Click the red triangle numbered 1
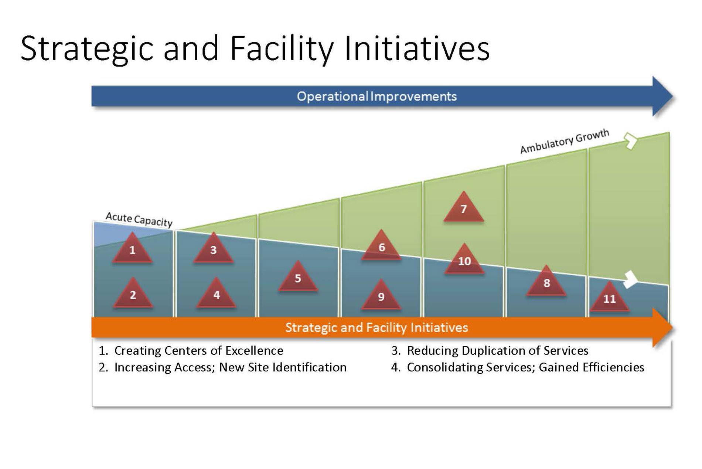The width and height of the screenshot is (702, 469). (132, 249)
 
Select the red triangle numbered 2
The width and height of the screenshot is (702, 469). (133, 294)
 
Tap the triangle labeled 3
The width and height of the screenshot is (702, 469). (214, 249)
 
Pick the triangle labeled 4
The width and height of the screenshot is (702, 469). (216, 294)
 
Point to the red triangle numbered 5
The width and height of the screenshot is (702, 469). (298, 278)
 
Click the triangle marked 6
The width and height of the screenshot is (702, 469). (381, 247)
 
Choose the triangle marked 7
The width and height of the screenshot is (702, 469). (464, 208)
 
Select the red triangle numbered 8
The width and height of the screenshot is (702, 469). (546, 282)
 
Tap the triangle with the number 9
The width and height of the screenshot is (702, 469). (381, 296)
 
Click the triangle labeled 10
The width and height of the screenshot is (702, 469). (464, 260)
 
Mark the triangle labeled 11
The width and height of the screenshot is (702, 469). (609, 298)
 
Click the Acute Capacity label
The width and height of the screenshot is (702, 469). (139, 219)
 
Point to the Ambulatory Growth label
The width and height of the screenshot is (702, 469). (565, 141)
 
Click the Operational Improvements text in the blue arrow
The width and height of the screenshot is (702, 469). (377, 96)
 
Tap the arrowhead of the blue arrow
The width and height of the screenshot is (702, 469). (663, 96)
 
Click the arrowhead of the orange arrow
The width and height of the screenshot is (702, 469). (663, 327)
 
